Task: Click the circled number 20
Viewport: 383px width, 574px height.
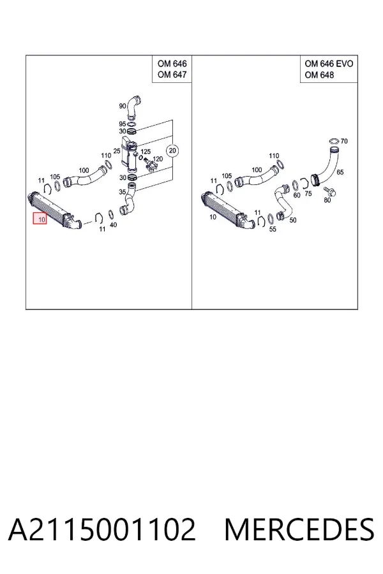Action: (172, 151)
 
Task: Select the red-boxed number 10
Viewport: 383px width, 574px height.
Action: (40, 219)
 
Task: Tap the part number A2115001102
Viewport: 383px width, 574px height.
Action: (102, 529)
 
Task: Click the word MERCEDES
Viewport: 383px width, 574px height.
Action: (299, 529)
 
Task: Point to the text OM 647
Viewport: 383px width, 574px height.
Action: (172, 75)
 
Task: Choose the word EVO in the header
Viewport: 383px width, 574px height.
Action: (344, 64)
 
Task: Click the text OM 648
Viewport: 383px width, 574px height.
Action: (319, 75)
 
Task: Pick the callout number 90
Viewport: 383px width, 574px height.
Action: (123, 106)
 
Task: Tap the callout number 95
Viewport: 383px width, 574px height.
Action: (123, 124)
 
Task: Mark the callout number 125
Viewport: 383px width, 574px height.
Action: (146, 151)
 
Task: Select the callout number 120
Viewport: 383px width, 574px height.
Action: (158, 159)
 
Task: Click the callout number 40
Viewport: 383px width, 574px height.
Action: (113, 224)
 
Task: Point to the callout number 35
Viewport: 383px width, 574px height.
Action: (123, 191)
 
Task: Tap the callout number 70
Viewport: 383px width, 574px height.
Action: (344, 141)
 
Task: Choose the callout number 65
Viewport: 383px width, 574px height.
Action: (340, 172)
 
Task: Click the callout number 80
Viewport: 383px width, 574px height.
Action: (327, 200)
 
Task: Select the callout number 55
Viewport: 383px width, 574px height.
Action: (273, 229)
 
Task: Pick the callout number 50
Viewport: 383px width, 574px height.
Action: (293, 220)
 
